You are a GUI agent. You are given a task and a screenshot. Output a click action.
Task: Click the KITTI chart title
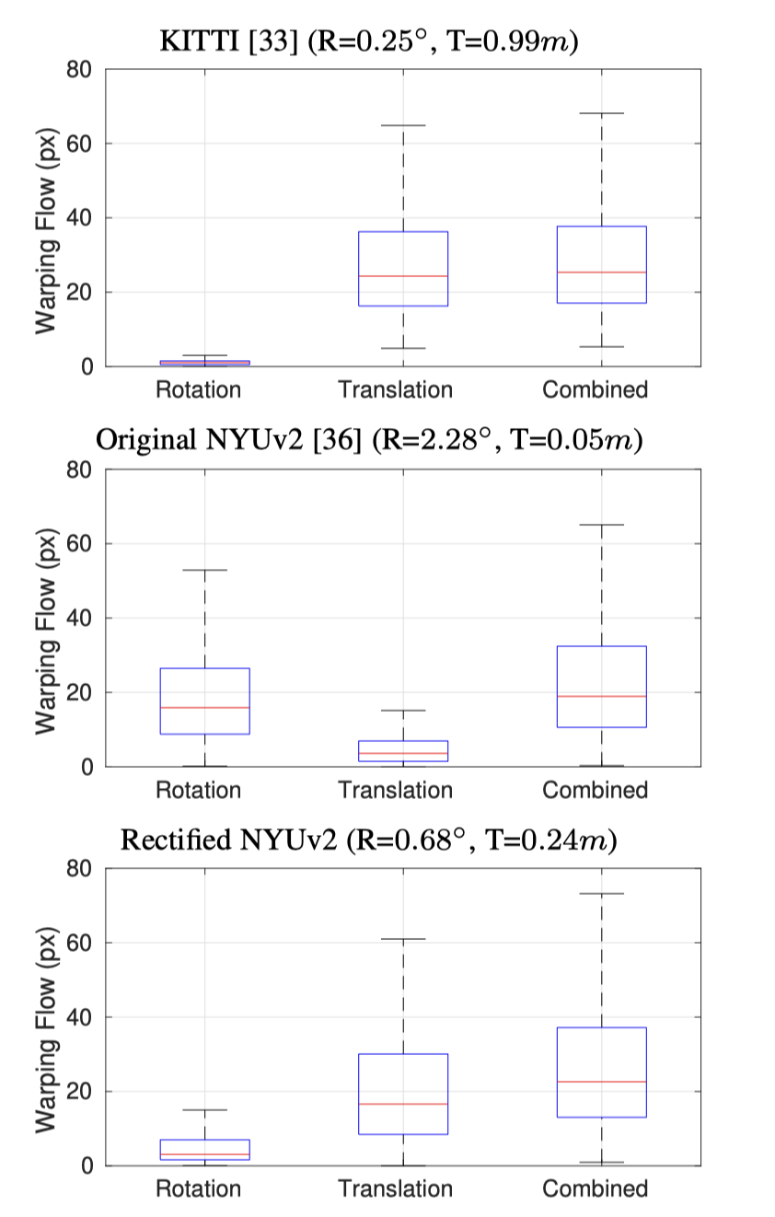coord(368,41)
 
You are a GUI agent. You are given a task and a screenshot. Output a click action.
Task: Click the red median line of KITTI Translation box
coord(403,276)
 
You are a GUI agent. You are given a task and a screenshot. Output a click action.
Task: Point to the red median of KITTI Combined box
coord(602,272)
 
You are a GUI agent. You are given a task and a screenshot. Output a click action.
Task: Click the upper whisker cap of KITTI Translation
coord(403,125)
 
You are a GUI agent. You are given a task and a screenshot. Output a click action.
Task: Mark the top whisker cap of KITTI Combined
coord(602,113)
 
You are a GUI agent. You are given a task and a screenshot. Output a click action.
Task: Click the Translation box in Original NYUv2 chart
coord(403,750)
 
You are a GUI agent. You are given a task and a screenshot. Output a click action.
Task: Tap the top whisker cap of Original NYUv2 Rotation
coord(204,570)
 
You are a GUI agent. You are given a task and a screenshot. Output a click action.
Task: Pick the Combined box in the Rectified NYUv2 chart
coord(602,1072)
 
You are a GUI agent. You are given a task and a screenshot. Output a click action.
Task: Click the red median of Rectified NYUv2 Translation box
coord(403,1104)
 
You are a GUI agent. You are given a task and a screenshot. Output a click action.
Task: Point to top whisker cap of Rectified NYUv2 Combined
coord(602,893)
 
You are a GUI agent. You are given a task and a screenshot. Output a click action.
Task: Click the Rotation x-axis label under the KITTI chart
coord(198,389)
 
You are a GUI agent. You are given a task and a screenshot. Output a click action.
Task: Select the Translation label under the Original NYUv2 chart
coord(396,790)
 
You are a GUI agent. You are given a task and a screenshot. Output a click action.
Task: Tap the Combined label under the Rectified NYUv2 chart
coord(595,1188)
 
